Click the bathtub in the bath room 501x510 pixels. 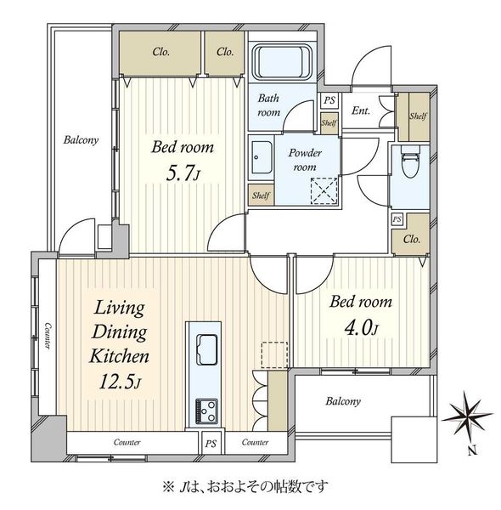pos(282,62)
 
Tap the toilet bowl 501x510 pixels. pos(410,161)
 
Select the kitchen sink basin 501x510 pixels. pos(207,349)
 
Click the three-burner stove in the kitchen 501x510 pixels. pos(206,411)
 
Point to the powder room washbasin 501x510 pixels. pos(262,158)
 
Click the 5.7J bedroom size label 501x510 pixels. pos(183,173)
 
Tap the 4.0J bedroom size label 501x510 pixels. pos(361,328)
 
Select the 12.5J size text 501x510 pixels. pos(120,381)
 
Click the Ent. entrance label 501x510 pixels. pos(361,110)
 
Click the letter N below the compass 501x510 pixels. pos(473,450)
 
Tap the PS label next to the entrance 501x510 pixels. pos(329,99)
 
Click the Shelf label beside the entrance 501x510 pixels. pos(418,116)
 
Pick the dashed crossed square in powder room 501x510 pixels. pos(324,191)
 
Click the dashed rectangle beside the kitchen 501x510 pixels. pos(274,354)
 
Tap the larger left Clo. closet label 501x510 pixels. pos(160,52)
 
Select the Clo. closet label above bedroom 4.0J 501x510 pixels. pos(412,240)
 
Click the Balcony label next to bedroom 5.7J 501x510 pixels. pos(81,140)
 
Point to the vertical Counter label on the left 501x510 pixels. pos(48,336)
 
